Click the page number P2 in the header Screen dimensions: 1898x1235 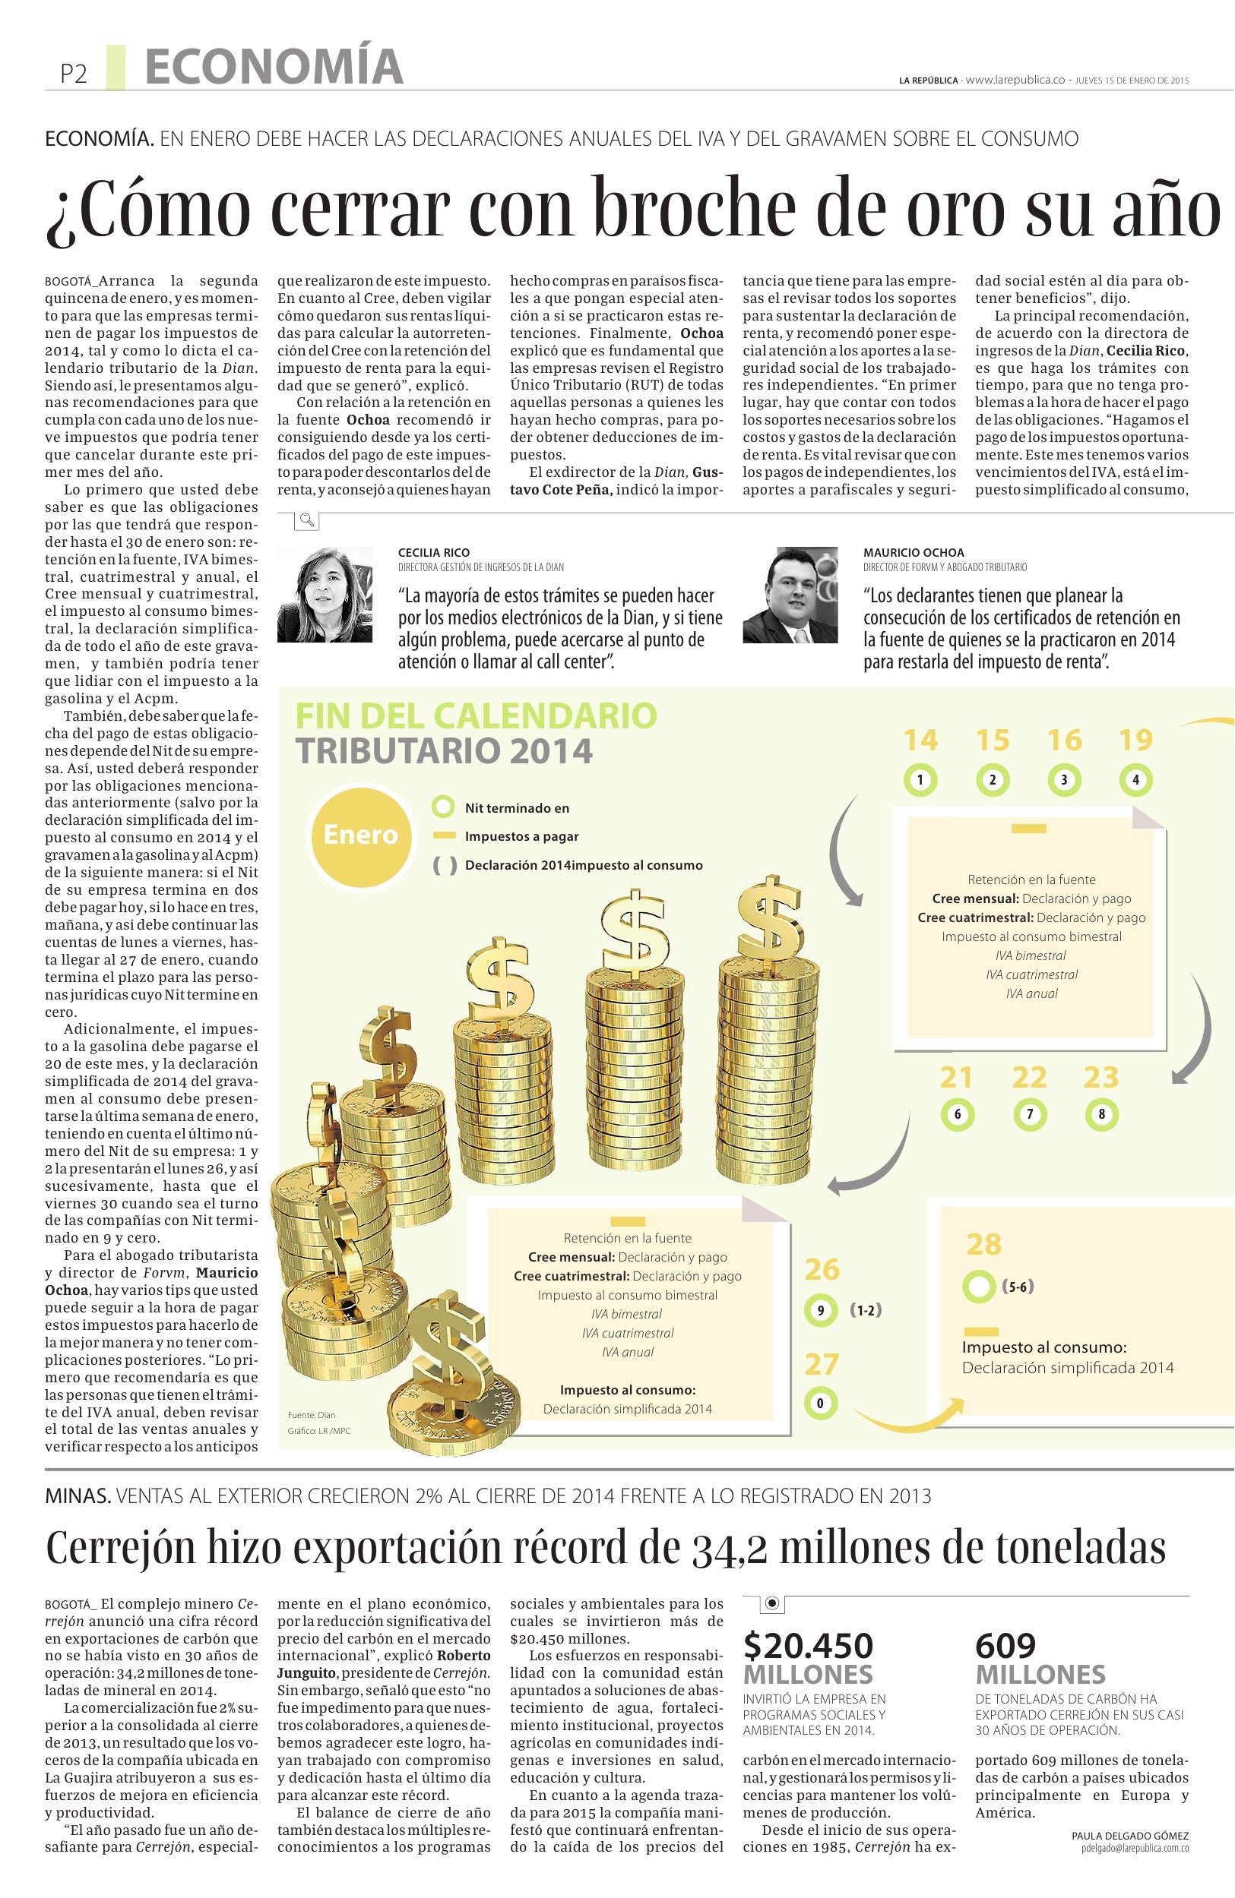click(x=74, y=74)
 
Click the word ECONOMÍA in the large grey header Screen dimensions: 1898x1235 click(x=274, y=67)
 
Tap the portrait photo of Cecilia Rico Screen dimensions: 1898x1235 click(x=325, y=594)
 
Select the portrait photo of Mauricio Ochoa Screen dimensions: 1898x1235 click(x=790, y=594)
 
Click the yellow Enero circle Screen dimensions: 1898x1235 click(x=360, y=835)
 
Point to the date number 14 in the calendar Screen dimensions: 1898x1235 click(x=920, y=740)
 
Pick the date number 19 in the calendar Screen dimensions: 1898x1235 click(x=1135, y=740)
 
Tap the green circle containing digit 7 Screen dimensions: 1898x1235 click(x=1029, y=1114)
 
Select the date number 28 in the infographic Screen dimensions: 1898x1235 click(x=983, y=1244)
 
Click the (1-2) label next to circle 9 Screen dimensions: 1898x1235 click(x=866, y=1309)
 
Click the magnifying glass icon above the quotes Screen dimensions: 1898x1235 click(x=306, y=522)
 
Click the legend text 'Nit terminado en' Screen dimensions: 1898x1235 click(x=517, y=808)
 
